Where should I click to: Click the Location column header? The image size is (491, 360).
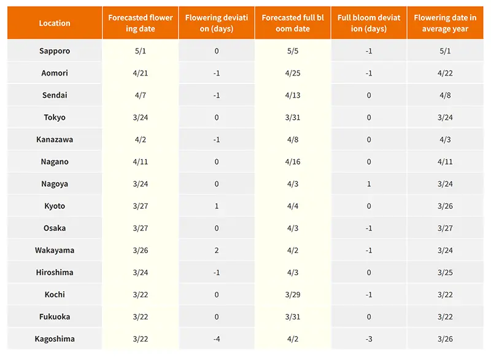(55, 23)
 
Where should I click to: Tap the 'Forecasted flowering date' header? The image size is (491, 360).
(141, 23)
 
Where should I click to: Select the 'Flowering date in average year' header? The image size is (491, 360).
(445, 23)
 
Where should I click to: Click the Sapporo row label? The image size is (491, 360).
(55, 51)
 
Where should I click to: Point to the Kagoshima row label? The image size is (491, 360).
(55, 338)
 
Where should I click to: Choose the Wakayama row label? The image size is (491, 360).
(55, 250)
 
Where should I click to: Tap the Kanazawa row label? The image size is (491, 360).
(55, 139)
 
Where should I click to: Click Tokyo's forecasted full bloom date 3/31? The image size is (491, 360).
(293, 117)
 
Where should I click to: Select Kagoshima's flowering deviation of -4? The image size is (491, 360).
(217, 338)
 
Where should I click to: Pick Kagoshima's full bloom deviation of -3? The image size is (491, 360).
(369, 338)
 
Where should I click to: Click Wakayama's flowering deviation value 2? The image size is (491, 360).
(217, 250)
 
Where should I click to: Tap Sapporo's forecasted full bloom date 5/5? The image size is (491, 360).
(293, 51)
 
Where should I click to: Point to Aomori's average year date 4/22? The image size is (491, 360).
(445, 73)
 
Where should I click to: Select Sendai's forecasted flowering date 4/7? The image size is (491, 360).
(141, 95)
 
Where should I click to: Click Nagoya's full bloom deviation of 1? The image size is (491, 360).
(369, 184)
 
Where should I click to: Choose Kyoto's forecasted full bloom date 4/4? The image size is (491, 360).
(293, 206)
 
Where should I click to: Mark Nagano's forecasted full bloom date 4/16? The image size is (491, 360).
(293, 162)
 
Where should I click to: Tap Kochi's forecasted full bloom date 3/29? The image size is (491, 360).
(293, 294)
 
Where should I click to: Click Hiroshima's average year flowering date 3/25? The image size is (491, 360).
(445, 272)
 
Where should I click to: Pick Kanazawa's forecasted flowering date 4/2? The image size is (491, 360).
(141, 139)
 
